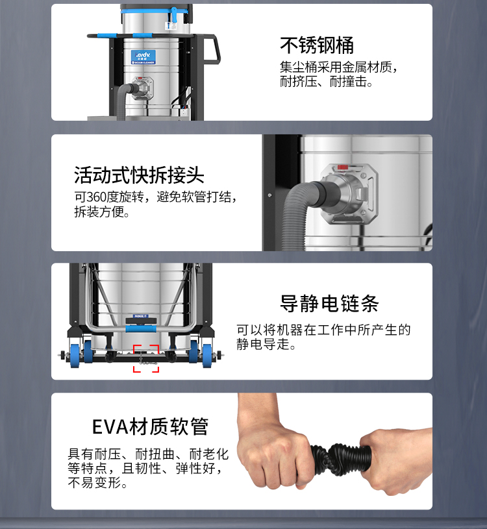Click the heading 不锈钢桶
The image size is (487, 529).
(317, 45)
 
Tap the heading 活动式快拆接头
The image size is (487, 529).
(139, 175)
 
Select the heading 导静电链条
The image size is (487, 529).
(329, 303)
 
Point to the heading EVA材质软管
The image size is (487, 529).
(150, 426)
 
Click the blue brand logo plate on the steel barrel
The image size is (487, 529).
(144, 57)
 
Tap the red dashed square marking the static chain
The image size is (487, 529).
(146, 358)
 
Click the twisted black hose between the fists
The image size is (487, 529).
(340, 459)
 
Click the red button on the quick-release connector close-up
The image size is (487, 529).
(343, 167)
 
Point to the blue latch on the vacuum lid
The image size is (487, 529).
(174, 14)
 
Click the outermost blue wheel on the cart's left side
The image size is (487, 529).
(75, 356)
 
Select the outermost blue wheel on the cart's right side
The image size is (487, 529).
(207, 356)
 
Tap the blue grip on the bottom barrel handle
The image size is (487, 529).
(141, 328)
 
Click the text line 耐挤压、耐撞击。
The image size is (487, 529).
(326, 82)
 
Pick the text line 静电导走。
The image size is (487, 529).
(266, 344)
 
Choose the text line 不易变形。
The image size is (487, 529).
(98, 483)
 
